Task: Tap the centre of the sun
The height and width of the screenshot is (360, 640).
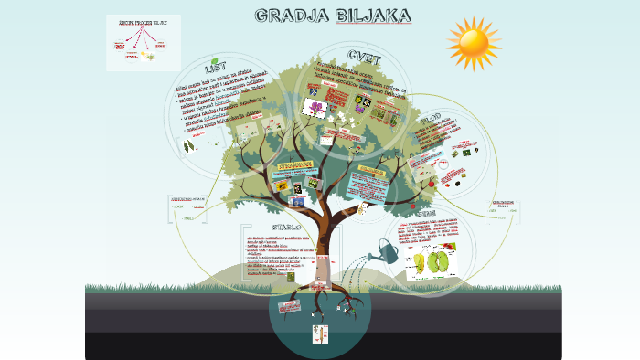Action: pos(474,42)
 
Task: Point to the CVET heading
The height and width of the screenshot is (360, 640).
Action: pos(365,55)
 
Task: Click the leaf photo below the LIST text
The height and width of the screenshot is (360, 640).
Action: pos(189,145)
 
